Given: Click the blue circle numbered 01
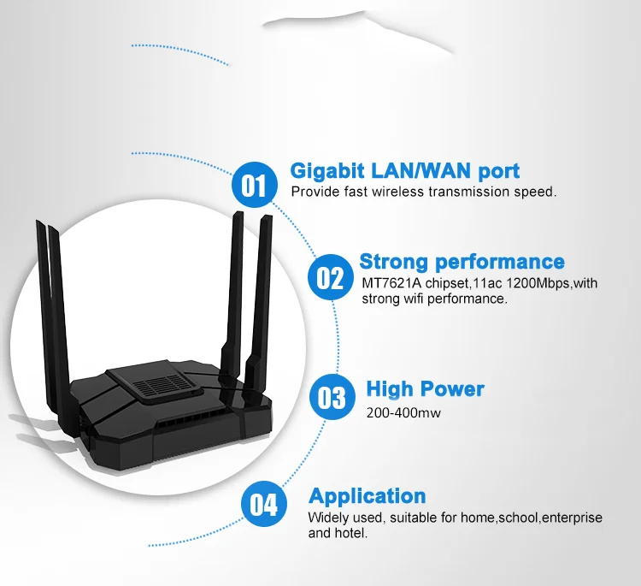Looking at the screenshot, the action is coord(255,185).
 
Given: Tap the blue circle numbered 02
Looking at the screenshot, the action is coord(330,277).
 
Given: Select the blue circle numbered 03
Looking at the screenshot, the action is coord(332,397).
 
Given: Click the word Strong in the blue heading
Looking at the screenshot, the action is coord(393,262).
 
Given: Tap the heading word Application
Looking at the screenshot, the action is coord(368,497).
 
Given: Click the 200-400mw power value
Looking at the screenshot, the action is coord(403,412).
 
